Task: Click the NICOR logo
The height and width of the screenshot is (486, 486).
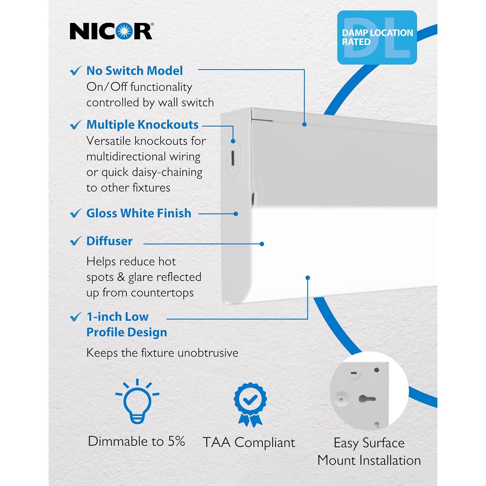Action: click(x=111, y=31)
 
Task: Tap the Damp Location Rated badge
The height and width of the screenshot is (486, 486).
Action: click(x=377, y=37)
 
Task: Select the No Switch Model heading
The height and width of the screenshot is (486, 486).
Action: click(x=134, y=71)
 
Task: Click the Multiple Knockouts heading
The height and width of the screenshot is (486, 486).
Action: click(x=142, y=125)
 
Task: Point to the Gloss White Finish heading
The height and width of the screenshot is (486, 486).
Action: click(x=139, y=213)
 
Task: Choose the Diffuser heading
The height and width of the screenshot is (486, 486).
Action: click(x=109, y=241)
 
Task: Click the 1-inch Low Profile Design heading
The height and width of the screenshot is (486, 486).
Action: click(x=126, y=324)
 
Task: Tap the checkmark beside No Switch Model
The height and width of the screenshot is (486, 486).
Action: click(x=76, y=71)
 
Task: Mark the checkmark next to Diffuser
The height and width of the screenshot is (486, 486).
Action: click(x=76, y=241)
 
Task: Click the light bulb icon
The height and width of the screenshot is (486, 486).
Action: click(x=137, y=402)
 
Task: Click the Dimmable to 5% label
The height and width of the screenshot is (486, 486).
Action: click(x=136, y=441)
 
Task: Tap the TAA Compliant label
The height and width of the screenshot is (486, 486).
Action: click(x=249, y=442)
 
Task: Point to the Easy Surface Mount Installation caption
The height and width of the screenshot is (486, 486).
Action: click(x=369, y=451)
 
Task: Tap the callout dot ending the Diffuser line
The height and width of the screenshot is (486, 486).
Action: click(x=262, y=244)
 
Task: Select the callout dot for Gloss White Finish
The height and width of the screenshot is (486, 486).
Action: click(x=236, y=214)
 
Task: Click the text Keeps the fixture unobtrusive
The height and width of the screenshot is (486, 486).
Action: click(x=162, y=353)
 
